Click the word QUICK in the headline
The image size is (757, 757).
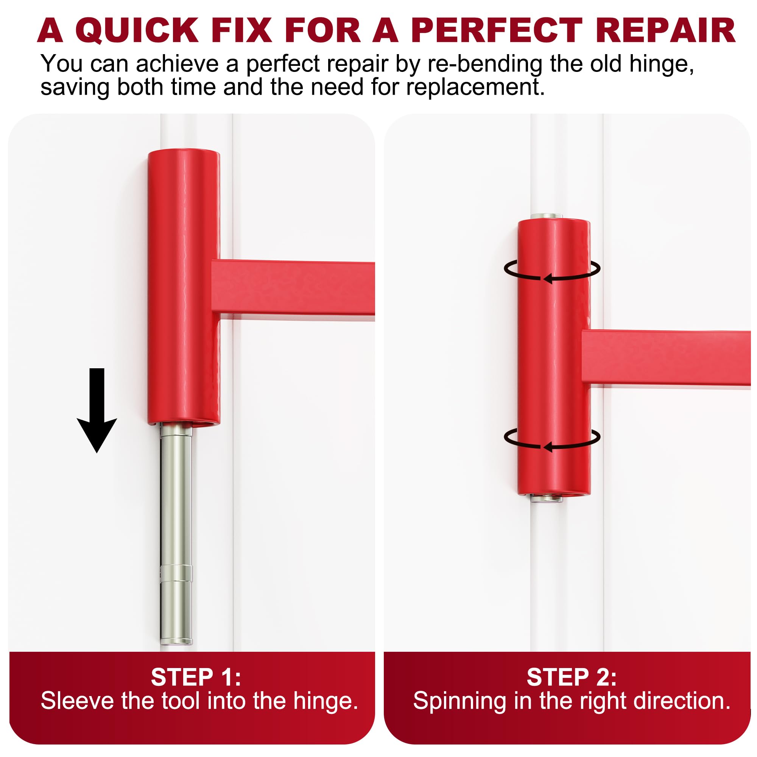[x=137, y=31]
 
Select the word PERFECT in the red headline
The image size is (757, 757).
[x=497, y=31]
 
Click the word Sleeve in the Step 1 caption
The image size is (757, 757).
[x=77, y=701]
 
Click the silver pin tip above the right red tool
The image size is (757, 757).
[x=547, y=216]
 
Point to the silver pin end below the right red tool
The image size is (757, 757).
[x=547, y=498]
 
